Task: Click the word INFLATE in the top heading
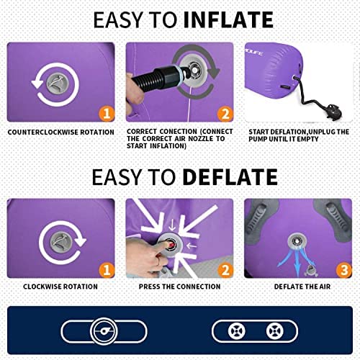click(x=228, y=19)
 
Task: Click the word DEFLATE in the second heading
click(x=230, y=177)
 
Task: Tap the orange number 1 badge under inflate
click(x=107, y=113)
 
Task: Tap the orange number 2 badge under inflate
click(x=225, y=114)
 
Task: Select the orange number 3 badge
click(x=344, y=270)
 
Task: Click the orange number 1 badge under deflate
click(x=107, y=270)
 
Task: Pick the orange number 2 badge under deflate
click(x=225, y=270)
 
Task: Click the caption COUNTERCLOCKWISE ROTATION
click(x=61, y=132)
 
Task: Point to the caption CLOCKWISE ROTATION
click(x=60, y=287)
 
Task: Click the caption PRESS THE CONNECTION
click(x=179, y=287)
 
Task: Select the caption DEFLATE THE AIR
click(x=302, y=287)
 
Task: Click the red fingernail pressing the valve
click(x=171, y=245)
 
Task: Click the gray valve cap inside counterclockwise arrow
click(x=58, y=84)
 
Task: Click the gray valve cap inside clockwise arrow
click(x=60, y=242)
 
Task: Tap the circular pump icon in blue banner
click(x=104, y=331)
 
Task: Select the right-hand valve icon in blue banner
click(x=274, y=331)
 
